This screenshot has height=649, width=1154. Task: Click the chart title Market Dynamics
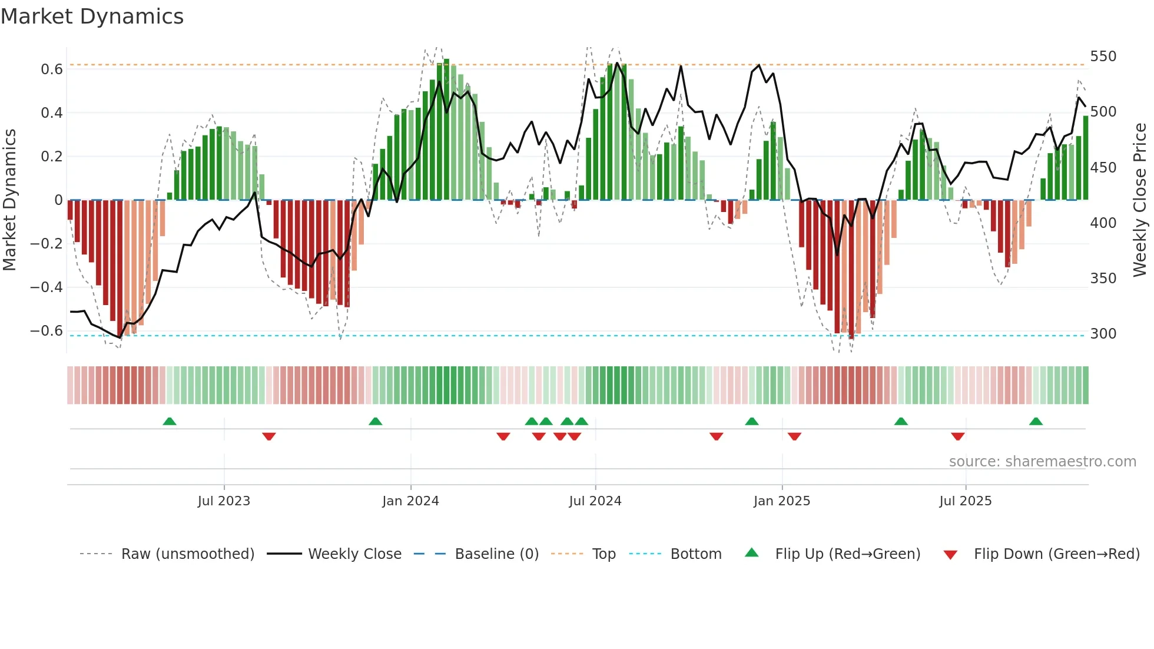[92, 16]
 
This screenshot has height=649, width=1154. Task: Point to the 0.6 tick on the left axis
[52, 69]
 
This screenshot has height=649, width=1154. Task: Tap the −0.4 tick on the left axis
[47, 287]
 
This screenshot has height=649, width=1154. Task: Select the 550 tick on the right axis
[1103, 57]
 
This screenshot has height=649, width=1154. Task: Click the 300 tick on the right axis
[1103, 334]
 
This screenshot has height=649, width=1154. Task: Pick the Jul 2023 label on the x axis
[224, 501]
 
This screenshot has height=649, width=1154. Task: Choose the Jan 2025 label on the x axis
[781, 501]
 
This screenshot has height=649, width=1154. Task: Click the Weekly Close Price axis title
[1140, 200]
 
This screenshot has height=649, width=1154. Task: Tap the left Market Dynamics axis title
[9, 200]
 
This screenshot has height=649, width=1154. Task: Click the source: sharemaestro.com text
[1042, 462]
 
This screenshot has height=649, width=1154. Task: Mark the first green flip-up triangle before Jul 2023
[170, 421]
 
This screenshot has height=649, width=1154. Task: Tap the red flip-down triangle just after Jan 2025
[794, 436]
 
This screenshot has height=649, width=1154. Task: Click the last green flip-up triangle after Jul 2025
[1036, 421]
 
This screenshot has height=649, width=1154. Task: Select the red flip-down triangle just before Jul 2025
[957, 436]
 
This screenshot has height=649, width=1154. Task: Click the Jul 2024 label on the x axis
[595, 501]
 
